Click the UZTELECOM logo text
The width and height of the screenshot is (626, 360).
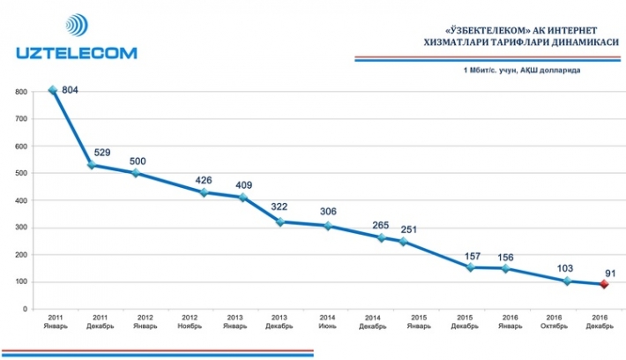(x=76, y=53)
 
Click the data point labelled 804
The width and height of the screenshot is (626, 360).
(x=53, y=90)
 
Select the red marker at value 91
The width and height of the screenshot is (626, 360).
(x=602, y=284)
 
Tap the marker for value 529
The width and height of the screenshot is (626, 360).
(x=93, y=165)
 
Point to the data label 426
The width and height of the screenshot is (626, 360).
(x=204, y=182)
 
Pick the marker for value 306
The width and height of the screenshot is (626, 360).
(x=327, y=226)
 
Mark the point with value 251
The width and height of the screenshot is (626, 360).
(x=403, y=241)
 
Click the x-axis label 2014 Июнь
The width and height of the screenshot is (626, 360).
(x=328, y=320)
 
